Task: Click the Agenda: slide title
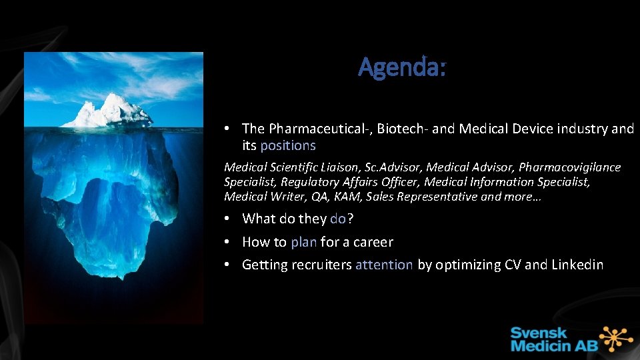[x=402, y=67]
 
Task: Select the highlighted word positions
[x=288, y=145]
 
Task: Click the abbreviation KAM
[x=348, y=197]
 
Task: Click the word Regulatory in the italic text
[x=309, y=182]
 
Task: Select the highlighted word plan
[x=303, y=242]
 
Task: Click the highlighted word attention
[x=384, y=265]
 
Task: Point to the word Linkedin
[x=577, y=265]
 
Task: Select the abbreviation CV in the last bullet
[x=511, y=265]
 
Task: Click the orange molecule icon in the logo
[x=617, y=338]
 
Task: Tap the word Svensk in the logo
[x=539, y=332]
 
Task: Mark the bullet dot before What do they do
[x=228, y=219]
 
